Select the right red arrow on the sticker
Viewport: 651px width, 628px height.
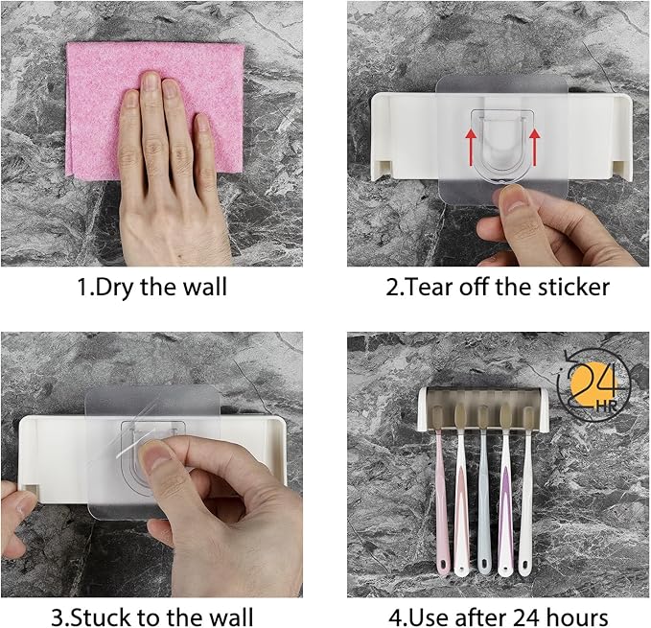(x=534, y=150)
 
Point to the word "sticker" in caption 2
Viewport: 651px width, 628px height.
(x=567, y=287)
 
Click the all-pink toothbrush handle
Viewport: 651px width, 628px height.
(x=442, y=518)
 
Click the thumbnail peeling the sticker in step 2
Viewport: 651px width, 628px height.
(x=515, y=200)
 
